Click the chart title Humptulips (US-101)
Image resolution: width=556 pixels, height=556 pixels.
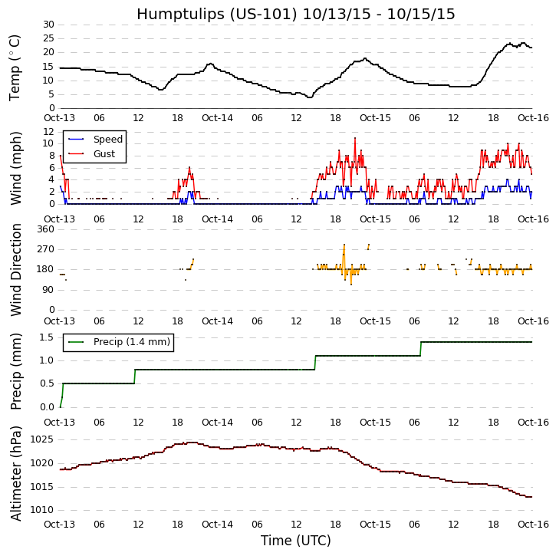point(295,14)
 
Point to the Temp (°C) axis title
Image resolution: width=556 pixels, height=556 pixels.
point(15,67)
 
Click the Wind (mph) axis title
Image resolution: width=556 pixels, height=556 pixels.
point(16,167)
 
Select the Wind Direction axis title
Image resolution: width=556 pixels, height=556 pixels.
point(16,269)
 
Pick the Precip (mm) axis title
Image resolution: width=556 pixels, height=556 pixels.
point(16,371)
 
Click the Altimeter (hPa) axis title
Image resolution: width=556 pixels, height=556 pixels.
point(16,473)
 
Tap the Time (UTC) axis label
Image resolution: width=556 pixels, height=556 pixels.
point(295,541)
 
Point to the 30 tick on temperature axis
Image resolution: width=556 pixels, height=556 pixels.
point(48,25)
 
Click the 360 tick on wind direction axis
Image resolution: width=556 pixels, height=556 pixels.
point(45,229)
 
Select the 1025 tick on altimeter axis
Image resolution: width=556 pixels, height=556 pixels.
point(43,439)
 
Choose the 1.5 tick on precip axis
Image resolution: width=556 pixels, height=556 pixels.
point(46,337)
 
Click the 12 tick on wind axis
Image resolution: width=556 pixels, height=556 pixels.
point(48,131)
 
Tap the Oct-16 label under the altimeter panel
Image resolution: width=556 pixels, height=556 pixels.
point(533,525)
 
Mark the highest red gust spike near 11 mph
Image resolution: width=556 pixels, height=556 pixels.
point(355,139)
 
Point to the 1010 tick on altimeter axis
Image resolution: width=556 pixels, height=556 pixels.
point(43,510)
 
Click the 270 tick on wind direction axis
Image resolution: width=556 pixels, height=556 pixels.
point(45,249)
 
